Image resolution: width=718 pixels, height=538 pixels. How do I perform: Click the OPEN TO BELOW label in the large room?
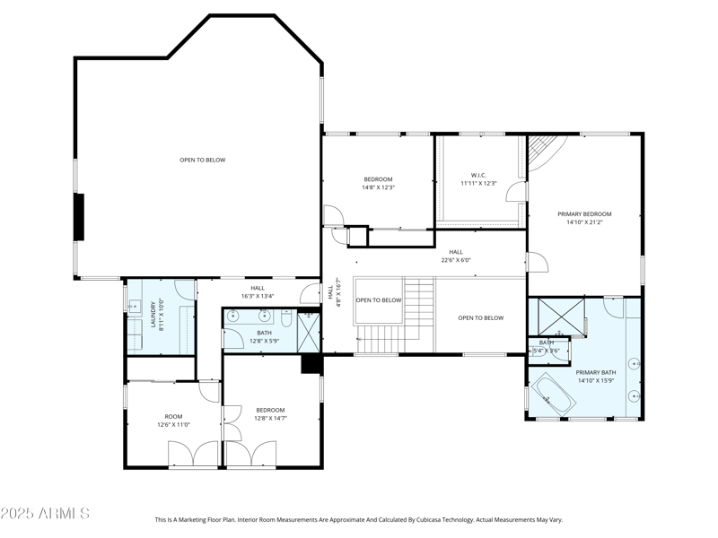202,161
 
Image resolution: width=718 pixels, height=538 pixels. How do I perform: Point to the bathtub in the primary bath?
556,395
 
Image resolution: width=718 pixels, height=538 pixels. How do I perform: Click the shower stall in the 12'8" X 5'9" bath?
309,331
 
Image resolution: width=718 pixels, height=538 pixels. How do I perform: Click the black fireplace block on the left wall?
79,216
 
